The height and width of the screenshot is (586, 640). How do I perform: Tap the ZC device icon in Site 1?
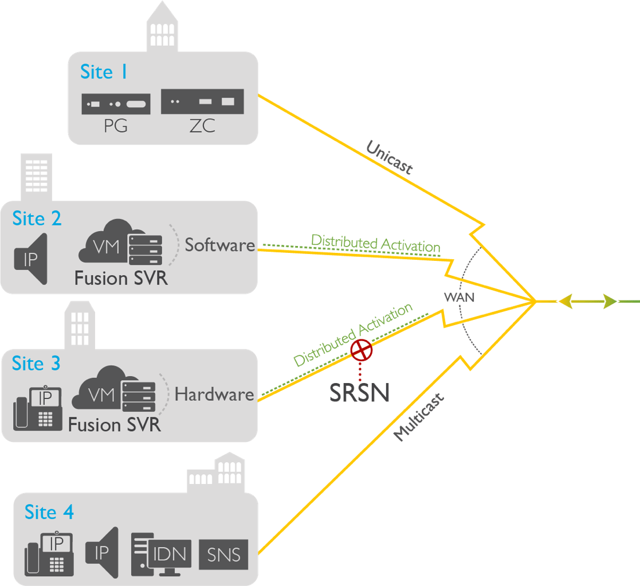(203, 101)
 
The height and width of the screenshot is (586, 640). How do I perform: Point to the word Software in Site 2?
(219, 245)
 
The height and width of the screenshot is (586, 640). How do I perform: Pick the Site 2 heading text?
(37, 219)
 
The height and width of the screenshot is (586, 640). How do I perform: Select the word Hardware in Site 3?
(214, 394)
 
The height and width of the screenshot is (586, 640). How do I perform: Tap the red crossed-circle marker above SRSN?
(362, 350)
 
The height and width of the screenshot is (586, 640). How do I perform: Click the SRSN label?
(359, 393)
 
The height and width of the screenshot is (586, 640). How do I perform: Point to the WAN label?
(459, 298)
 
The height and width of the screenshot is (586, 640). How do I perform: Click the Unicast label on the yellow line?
(389, 157)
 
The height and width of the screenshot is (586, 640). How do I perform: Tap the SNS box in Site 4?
(223, 554)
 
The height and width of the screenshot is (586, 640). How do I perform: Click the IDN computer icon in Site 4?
(160, 554)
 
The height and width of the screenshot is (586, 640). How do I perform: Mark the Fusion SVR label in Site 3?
(115, 425)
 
